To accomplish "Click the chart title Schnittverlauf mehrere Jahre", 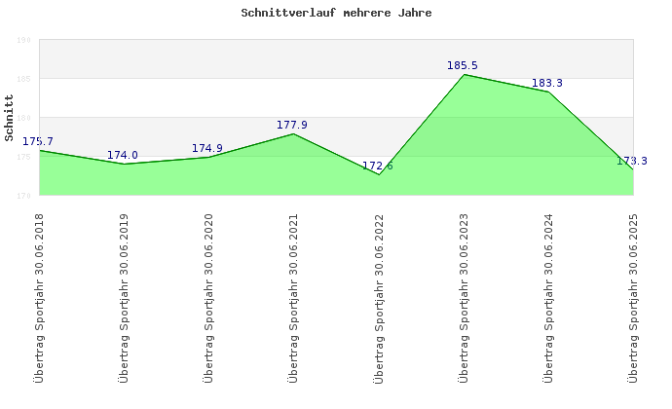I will click(336, 14).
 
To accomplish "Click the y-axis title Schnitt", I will click(10, 117).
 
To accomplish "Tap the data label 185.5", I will click(463, 65).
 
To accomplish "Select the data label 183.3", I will click(547, 83).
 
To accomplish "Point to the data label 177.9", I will click(292, 125).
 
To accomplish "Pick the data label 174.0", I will click(123, 155).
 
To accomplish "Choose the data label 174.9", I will click(207, 148).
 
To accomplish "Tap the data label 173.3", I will click(632, 161).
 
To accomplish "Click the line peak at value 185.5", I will click(464, 74).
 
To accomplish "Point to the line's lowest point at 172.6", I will click(379, 174).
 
